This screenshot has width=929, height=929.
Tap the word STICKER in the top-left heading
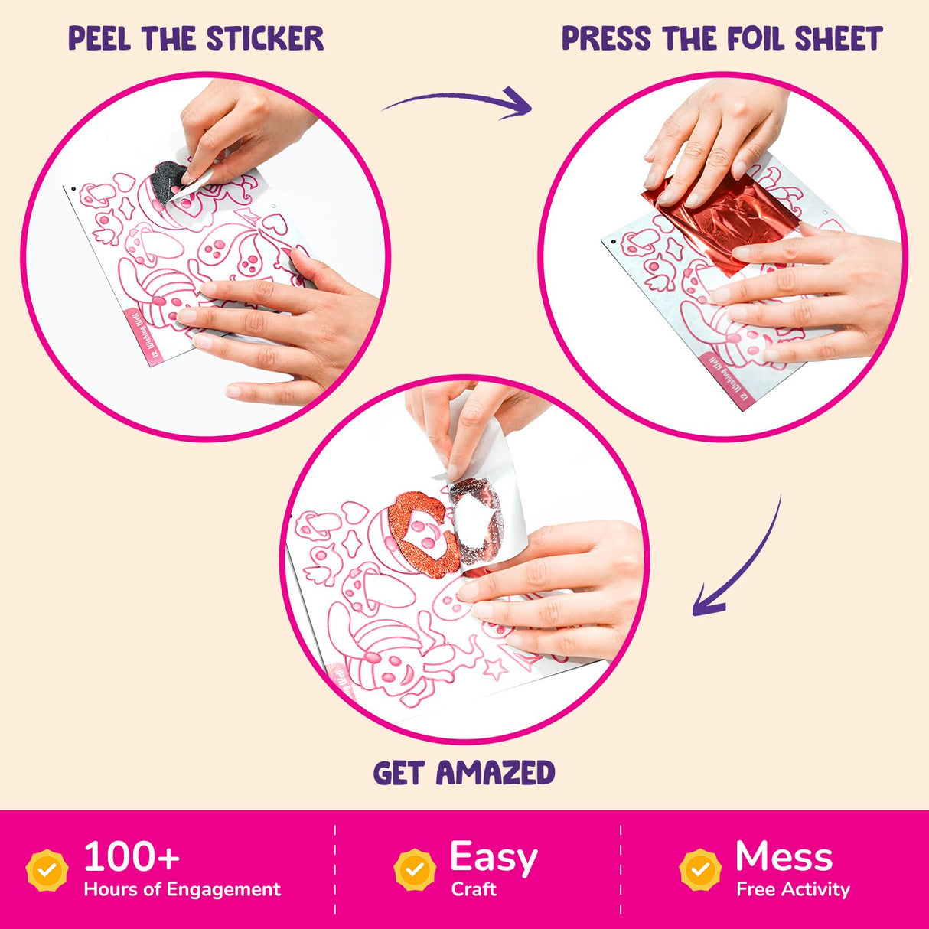tap(265, 38)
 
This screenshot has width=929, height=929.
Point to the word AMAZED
tap(495, 773)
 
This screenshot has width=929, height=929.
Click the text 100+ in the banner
tap(131, 857)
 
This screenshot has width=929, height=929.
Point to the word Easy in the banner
tap(494, 857)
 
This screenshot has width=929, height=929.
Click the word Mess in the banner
tap(784, 857)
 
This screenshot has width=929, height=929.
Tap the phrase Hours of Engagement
tap(182, 889)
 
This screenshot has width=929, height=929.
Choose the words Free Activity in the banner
tap(793, 889)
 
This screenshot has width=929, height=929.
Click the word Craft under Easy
tap(474, 889)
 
